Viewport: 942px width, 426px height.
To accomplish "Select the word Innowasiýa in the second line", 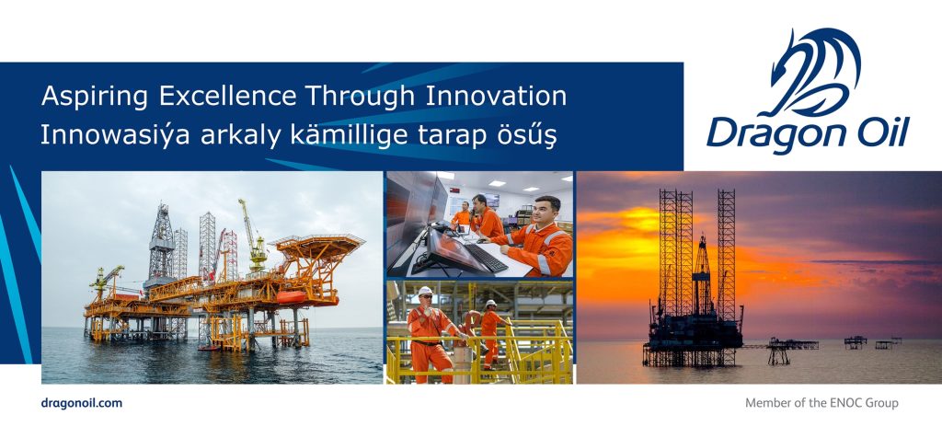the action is [x=115, y=135].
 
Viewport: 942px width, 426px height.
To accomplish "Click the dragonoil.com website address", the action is [x=82, y=403].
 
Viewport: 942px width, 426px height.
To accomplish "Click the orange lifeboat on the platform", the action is [x=292, y=297].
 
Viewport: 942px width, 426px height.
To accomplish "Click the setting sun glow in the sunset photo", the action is [x=625, y=237].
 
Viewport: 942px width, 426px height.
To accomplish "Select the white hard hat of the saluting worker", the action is [x=425, y=291].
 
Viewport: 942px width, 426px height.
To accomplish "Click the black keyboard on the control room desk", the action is [x=486, y=258].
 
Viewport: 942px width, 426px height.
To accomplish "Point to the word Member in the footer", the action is [x=766, y=403].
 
